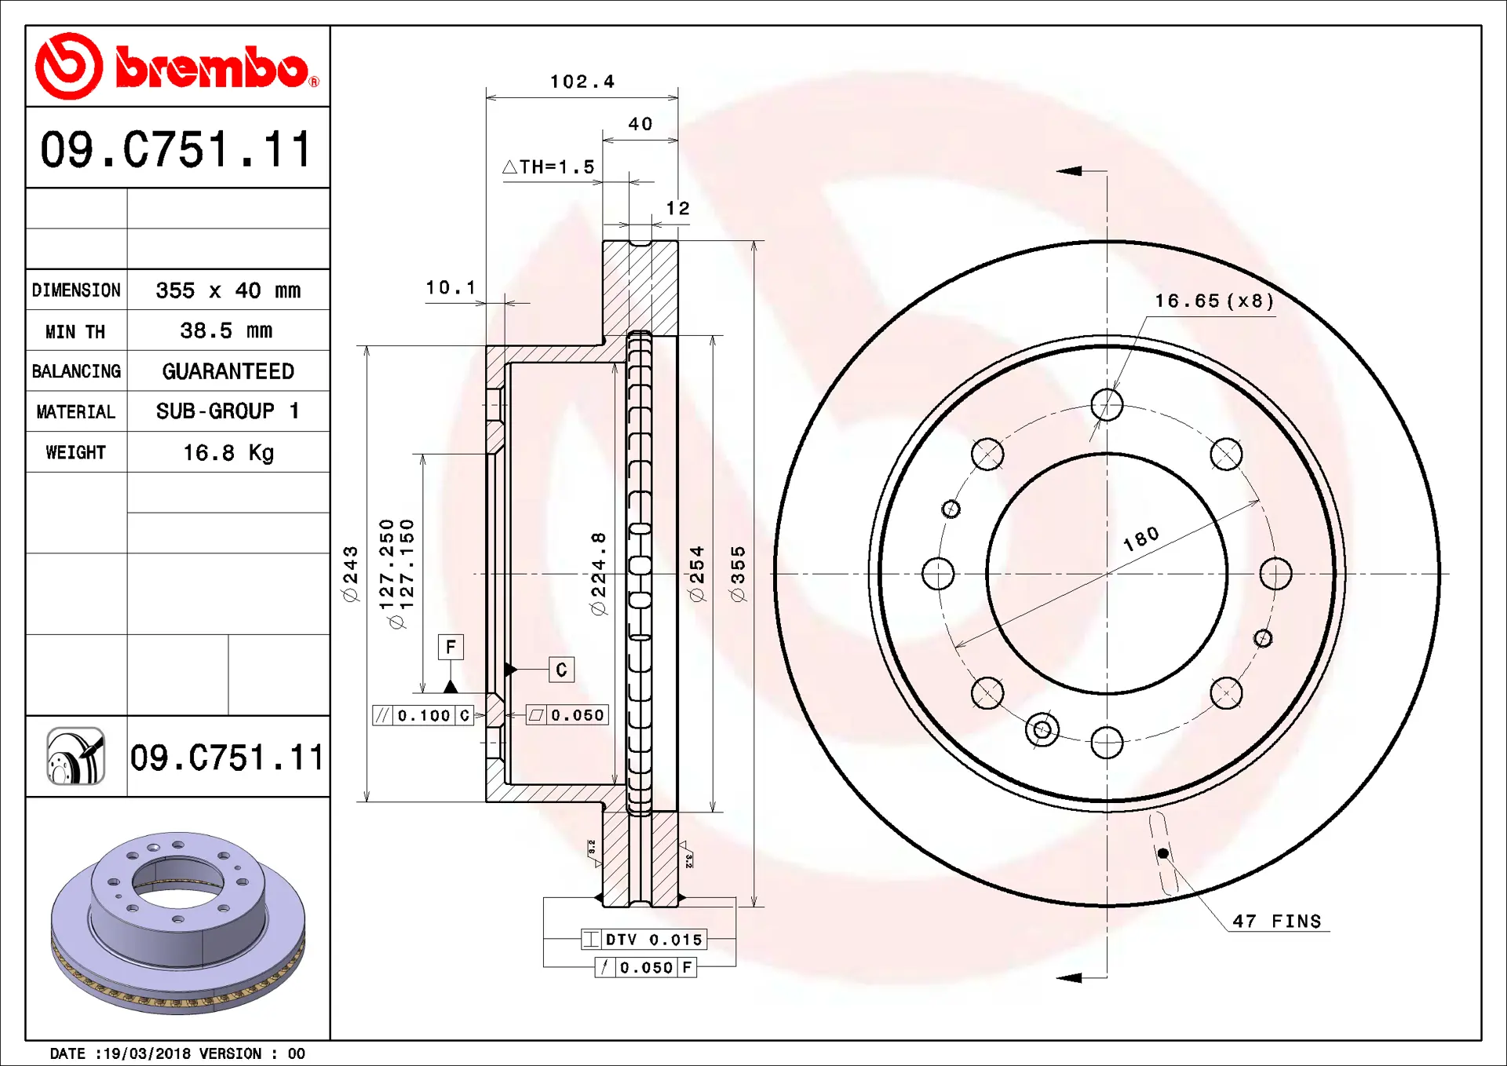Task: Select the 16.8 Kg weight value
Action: tap(228, 453)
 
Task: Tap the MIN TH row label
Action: tap(75, 332)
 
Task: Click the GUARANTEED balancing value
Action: tap(228, 371)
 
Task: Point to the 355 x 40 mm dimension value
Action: tap(228, 290)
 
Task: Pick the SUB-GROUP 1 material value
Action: tap(228, 411)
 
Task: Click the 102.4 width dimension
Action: tap(582, 82)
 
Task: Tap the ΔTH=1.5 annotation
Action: tap(549, 167)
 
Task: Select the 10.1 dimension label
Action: tap(451, 288)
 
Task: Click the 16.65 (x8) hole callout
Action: tap(1214, 301)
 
